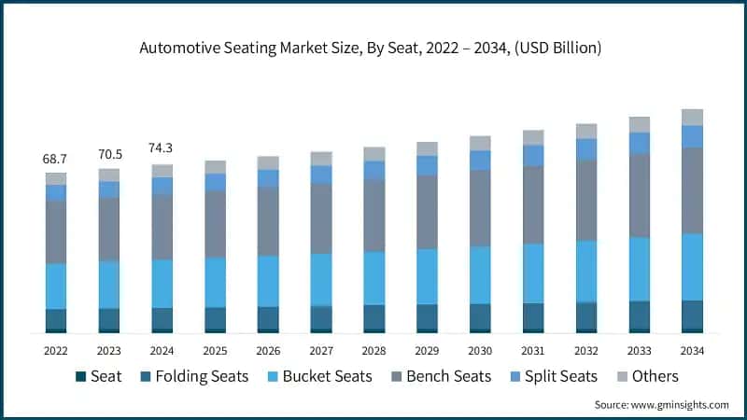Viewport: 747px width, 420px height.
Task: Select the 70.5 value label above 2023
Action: tap(109, 154)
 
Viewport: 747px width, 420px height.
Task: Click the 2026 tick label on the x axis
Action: tap(268, 350)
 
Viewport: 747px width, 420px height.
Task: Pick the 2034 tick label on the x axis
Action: tap(692, 350)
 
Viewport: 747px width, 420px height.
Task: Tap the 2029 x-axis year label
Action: tap(427, 350)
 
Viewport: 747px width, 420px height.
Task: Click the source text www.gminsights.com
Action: tap(661, 404)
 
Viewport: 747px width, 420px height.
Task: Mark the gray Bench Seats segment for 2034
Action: tap(692, 190)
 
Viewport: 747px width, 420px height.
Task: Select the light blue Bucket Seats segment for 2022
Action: tap(56, 286)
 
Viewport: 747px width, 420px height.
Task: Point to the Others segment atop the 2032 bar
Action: tap(586, 131)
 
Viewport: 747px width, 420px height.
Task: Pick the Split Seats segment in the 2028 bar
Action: tap(374, 170)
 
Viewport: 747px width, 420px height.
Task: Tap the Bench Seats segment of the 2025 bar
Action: tap(216, 224)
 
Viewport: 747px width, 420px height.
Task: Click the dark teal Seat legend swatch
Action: tap(80, 377)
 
